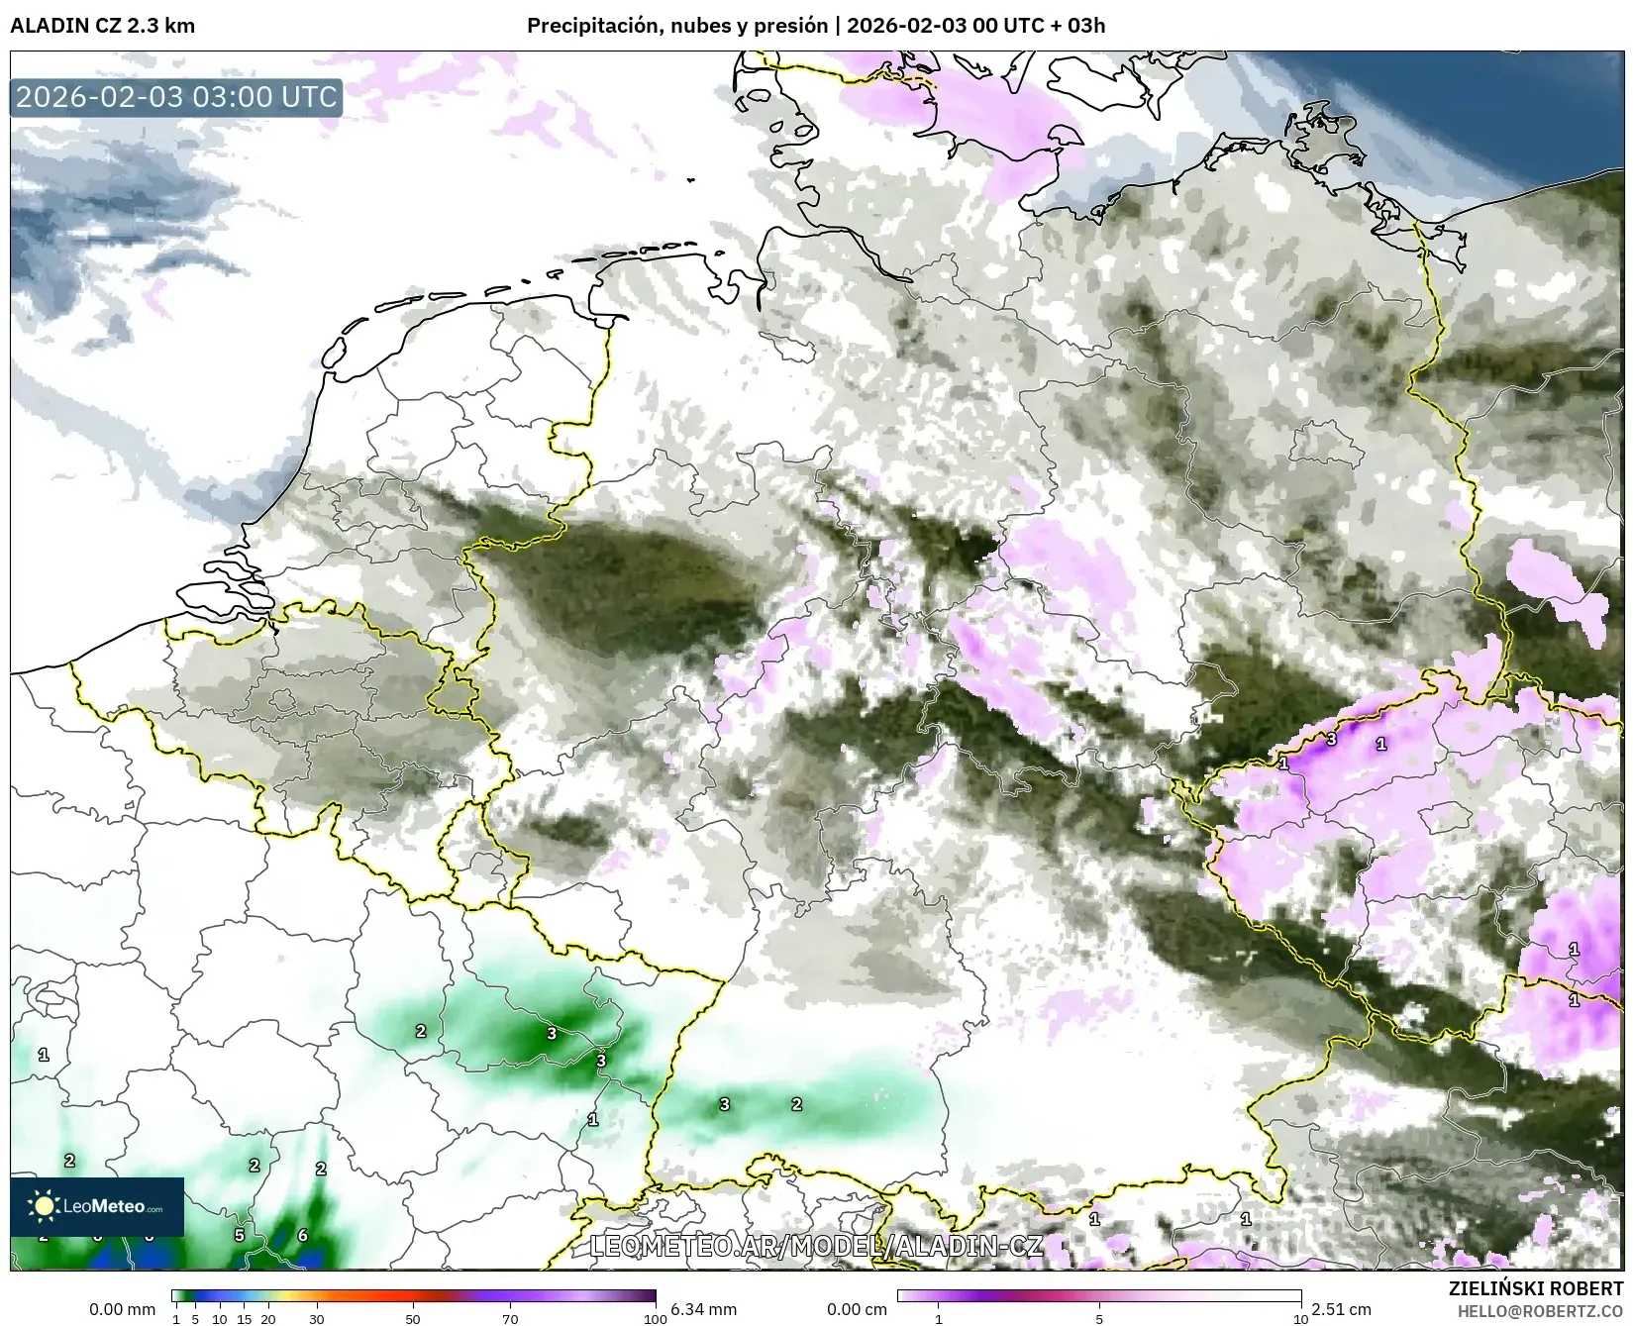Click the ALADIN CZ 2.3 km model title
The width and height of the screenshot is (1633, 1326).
pos(102,26)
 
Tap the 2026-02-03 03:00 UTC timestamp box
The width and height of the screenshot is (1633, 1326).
pos(176,97)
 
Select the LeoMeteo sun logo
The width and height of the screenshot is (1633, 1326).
pos(44,1205)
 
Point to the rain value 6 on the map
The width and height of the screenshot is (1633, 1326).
pos(303,1235)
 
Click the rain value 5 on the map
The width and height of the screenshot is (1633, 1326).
pos(240,1235)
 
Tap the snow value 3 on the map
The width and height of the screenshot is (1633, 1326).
pos(1332,739)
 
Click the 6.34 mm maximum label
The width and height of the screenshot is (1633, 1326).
pos(703,1309)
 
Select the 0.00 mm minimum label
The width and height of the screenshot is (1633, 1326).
pos(122,1309)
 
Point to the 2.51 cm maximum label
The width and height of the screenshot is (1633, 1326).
pos(1341,1309)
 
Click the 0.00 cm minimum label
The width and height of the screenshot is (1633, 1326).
pos(857,1309)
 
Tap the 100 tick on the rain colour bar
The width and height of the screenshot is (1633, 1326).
pos(655,1318)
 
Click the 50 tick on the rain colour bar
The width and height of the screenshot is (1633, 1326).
pos(413,1318)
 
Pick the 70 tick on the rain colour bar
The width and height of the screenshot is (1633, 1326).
pos(510,1318)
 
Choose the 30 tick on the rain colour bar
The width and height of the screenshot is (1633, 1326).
pos(316,1318)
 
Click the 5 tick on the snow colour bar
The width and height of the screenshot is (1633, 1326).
pos(1099,1318)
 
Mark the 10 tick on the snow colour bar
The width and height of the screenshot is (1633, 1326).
pos(1300,1318)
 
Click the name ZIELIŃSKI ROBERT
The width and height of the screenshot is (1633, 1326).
pos(1536,1288)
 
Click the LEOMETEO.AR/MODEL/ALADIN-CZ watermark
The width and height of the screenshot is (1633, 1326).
pos(815,1245)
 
